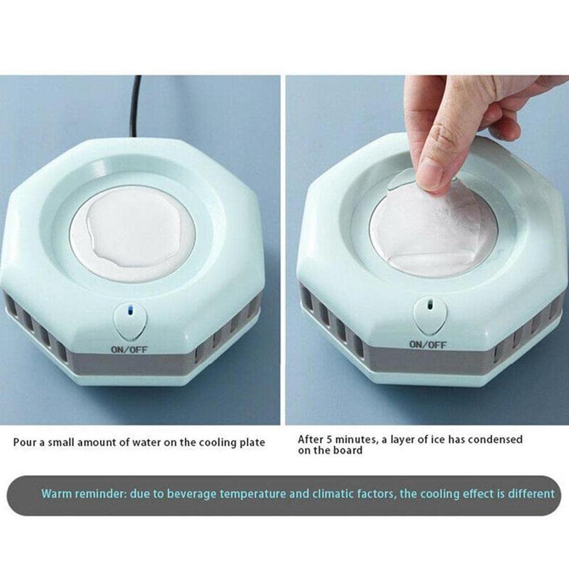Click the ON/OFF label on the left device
(129, 350)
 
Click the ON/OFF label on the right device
(428, 345)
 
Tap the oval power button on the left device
(130, 322)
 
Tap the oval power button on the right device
(430, 315)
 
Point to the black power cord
(135, 106)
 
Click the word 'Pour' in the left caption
(24, 443)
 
